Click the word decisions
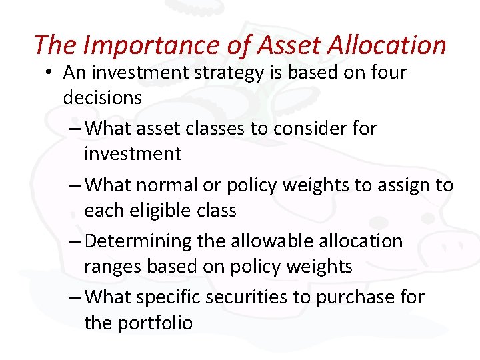pos(102,97)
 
